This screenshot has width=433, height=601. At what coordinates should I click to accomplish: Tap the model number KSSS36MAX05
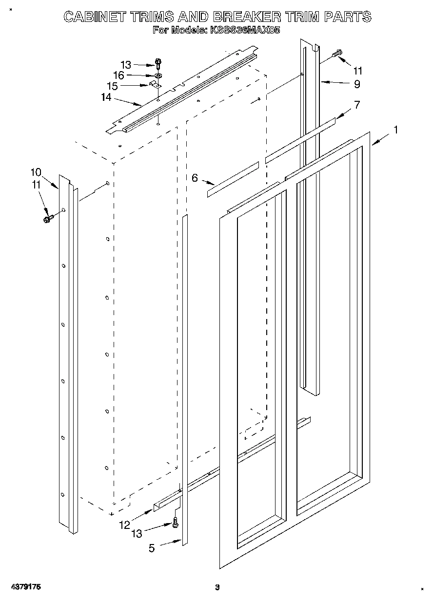[245, 30]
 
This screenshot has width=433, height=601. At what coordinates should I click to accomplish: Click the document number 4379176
[24, 588]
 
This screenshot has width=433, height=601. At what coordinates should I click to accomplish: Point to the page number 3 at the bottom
[217, 588]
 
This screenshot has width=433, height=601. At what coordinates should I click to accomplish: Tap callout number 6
[195, 178]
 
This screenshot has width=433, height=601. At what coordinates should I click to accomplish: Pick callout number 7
[357, 104]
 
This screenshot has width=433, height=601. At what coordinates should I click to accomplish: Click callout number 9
[357, 84]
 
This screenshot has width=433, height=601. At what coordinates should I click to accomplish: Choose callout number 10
[36, 172]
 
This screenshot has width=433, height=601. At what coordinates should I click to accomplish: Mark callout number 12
[124, 525]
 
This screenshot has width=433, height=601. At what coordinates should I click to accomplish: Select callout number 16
[118, 75]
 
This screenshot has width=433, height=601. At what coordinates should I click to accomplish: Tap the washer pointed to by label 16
[158, 75]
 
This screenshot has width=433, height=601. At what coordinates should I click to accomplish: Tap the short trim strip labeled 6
[233, 179]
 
